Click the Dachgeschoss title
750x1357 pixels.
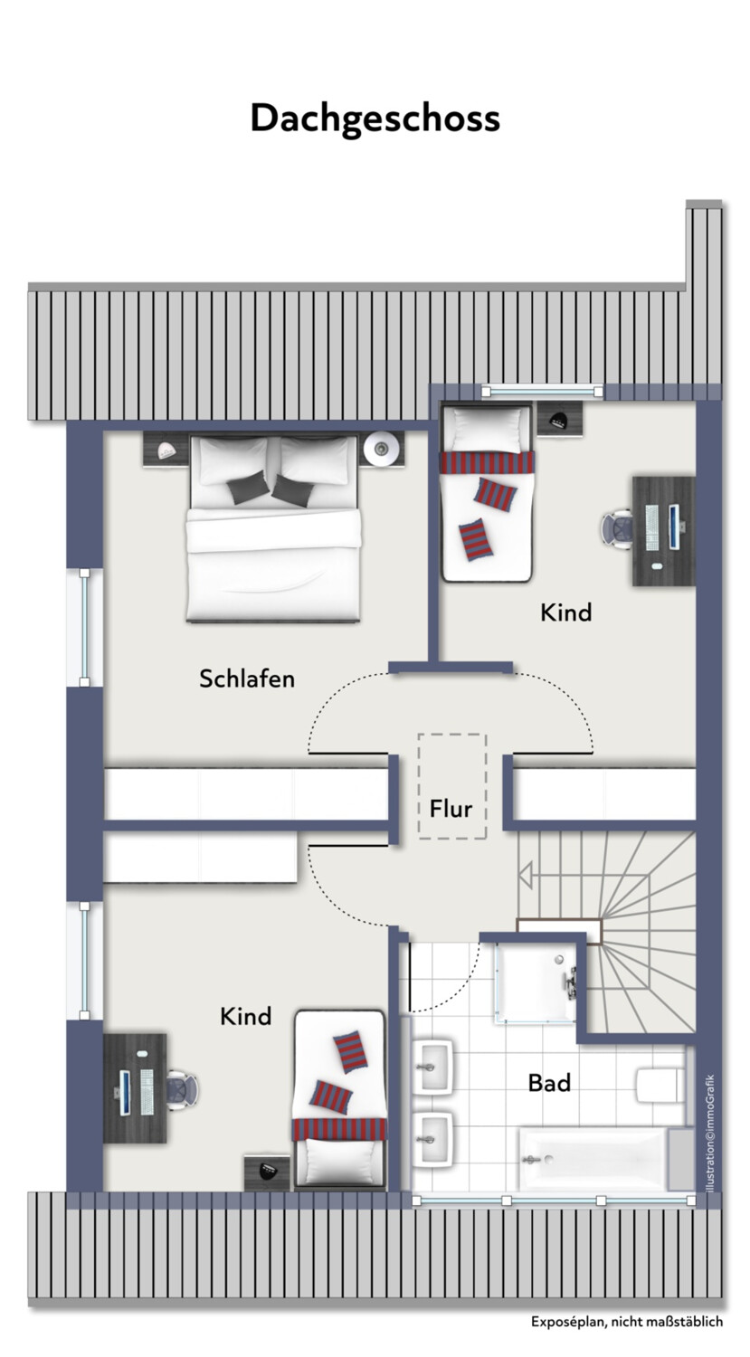tap(375, 119)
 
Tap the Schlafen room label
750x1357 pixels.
tap(247, 678)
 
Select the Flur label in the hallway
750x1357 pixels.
tap(451, 808)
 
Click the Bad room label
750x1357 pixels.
tap(549, 1083)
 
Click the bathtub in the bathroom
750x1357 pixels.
tap(593, 1158)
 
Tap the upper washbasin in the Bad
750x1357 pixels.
tap(432, 1067)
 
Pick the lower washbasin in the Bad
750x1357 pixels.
tap(432, 1139)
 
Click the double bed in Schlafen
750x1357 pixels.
tap(274, 527)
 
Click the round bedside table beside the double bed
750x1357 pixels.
tap(381, 449)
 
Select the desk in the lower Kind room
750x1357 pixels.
tap(135, 1088)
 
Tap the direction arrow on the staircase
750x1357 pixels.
tap(526, 875)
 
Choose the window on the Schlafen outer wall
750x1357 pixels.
tap(85, 627)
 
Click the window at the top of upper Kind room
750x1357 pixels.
tap(542, 392)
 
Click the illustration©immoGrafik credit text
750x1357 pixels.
tap(710, 1133)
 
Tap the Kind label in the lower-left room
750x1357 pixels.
tap(245, 1016)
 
